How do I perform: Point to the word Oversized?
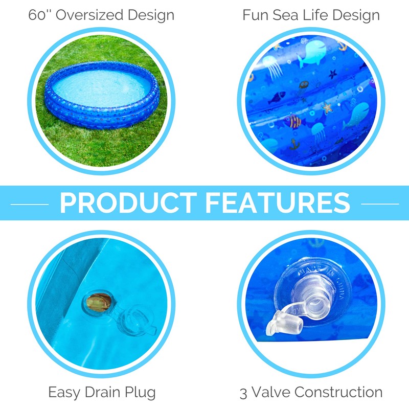tap(89, 15)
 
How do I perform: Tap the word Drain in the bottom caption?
tap(102, 393)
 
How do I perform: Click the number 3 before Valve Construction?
tap(244, 393)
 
